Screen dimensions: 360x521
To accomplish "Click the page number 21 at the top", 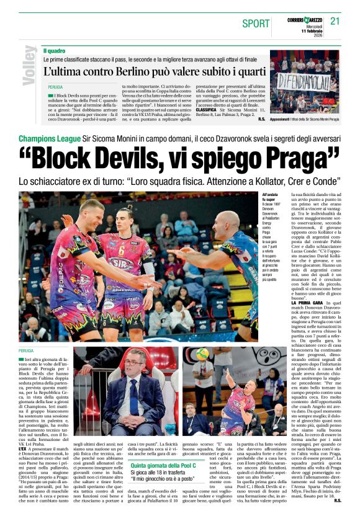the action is pos(335,22).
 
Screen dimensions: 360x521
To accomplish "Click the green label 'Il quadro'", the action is pos(54,50).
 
